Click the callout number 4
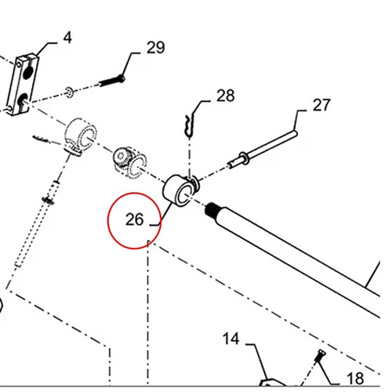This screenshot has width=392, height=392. (67, 38)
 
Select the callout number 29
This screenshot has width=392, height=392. (156, 48)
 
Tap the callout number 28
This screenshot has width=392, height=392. (226, 96)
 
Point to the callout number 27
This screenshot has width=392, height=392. (321, 105)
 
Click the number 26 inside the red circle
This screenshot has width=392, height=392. (135, 220)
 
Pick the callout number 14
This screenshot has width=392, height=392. (231, 339)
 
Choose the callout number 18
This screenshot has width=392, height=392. (355, 378)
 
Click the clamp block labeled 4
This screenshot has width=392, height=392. (22, 85)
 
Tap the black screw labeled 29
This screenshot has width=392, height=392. (111, 81)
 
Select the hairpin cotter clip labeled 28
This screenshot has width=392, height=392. (190, 125)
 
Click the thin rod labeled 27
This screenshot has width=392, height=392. (263, 150)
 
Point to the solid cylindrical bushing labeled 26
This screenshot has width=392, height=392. (179, 190)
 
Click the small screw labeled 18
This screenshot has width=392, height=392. (320, 356)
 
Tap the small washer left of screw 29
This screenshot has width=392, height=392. (69, 93)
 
